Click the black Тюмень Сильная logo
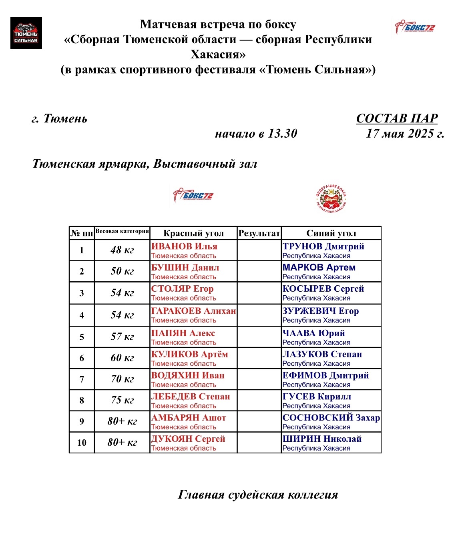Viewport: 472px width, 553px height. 26,33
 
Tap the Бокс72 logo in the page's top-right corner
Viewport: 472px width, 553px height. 414,27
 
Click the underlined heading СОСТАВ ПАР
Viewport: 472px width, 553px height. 396,118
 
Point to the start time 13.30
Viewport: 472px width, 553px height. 282,133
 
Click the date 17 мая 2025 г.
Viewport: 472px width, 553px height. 405,133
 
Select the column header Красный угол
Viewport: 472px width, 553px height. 193,233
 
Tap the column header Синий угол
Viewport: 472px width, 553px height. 331,233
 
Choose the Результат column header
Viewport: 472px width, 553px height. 259,233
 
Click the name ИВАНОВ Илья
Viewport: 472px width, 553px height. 184,246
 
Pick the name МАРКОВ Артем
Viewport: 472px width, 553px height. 319,267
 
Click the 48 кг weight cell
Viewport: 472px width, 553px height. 122,250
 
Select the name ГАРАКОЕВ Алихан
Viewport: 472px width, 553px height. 193,311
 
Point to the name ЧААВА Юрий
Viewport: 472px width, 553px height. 313,333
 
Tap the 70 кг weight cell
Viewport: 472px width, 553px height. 122,379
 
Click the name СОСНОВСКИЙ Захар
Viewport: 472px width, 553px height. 331,418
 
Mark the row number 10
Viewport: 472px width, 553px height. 82,443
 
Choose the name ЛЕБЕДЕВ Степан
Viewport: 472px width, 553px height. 191,397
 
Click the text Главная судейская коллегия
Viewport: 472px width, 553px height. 258,495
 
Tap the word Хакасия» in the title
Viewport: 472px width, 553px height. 218,54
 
